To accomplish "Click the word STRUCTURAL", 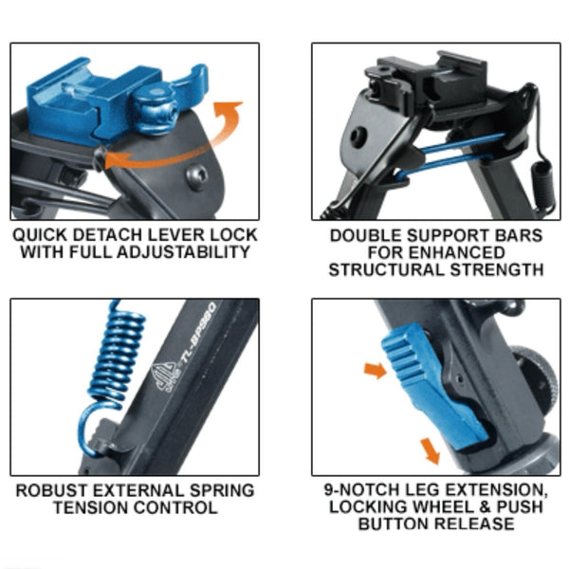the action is click(x=387, y=270).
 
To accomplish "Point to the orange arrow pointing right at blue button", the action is click(x=376, y=371).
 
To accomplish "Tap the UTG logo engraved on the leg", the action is click(x=165, y=377).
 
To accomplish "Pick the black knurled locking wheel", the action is click(x=535, y=385).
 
